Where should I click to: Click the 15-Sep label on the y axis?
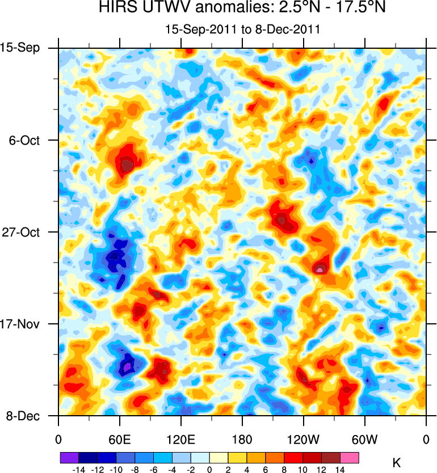point(24,48)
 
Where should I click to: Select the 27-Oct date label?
point(24,232)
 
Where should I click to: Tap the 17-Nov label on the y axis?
point(24,324)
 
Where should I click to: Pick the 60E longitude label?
point(120,438)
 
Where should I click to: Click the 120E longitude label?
point(181,438)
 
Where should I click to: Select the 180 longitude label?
point(242,438)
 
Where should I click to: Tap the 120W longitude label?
point(304,438)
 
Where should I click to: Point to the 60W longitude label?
point(365,438)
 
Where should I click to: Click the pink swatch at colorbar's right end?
point(349,457)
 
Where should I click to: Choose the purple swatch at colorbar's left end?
point(69,457)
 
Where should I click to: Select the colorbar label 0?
point(209,469)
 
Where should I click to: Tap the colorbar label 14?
point(340,469)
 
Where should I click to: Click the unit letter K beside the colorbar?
point(396,463)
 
